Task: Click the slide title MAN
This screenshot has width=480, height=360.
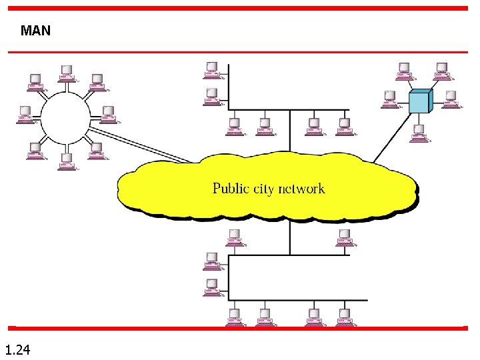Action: point(35,31)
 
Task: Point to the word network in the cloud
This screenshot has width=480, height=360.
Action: point(301,189)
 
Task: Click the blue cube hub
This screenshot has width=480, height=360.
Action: point(420,101)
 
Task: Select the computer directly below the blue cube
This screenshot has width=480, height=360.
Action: point(420,133)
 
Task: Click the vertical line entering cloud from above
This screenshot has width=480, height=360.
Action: point(290,133)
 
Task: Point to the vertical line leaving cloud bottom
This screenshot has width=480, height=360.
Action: point(290,237)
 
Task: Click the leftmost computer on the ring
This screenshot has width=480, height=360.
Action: point(25,113)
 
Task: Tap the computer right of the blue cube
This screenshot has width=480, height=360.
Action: point(451,99)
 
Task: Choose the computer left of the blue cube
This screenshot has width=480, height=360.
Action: point(389,99)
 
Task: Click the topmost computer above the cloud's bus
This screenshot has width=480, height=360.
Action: point(212,69)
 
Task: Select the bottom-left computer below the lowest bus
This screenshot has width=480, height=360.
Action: point(235,316)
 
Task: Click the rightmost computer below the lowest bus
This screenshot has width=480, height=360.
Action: point(345,316)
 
